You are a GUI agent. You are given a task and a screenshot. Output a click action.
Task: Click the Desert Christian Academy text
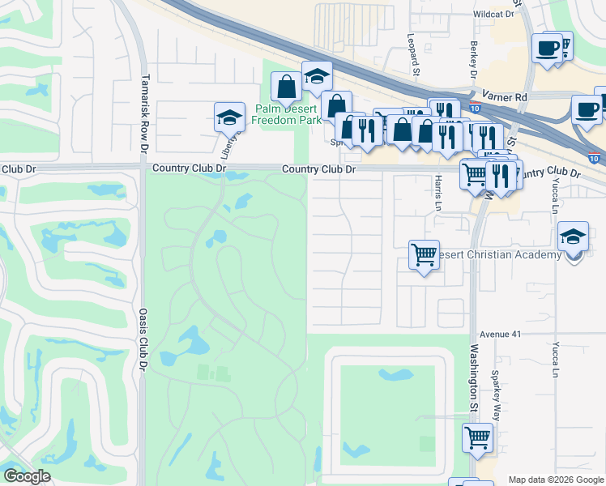[x=499, y=255]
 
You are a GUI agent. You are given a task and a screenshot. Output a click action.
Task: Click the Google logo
[x=27, y=476]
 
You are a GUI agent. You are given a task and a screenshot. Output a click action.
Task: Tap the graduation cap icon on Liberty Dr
[x=229, y=117]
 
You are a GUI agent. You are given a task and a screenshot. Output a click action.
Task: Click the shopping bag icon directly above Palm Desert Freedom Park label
[x=286, y=86]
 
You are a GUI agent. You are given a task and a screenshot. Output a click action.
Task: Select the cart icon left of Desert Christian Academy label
[x=424, y=254]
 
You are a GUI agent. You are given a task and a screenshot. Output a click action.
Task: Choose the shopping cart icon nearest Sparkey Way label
[x=477, y=437]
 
